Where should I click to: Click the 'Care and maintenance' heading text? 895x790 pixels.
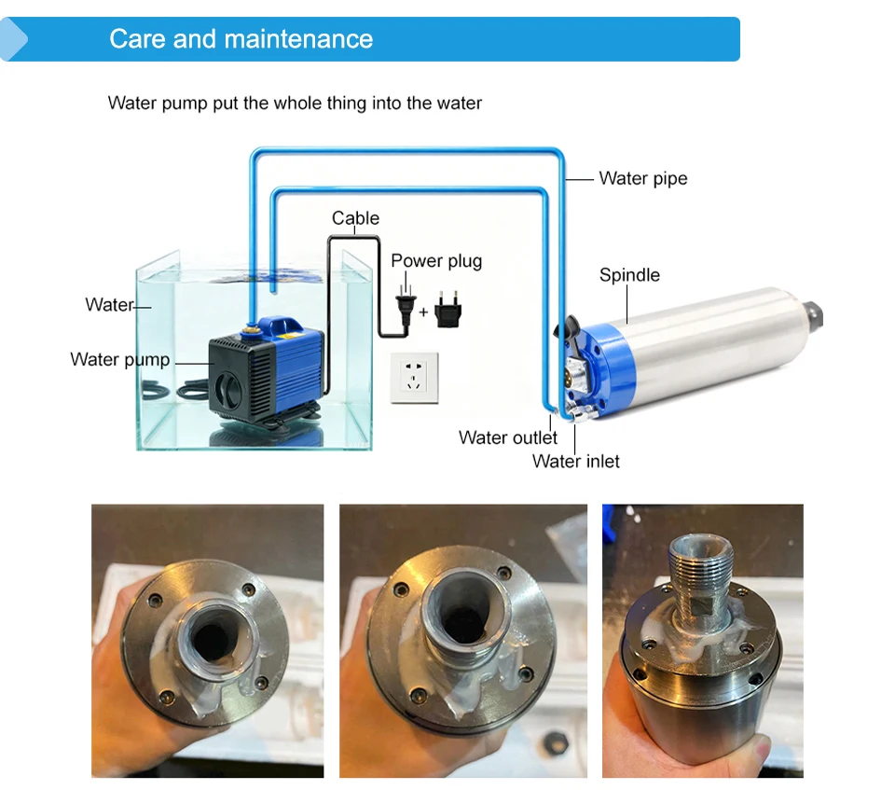pos(241,39)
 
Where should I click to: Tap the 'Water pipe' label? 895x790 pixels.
pos(642,178)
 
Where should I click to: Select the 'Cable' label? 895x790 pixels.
pos(355,217)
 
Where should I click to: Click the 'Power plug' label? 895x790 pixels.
pos(436,261)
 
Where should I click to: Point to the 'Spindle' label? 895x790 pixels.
pos(629,275)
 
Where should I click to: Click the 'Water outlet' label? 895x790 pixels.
pos(507,437)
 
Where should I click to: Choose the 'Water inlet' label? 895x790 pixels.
pos(575,461)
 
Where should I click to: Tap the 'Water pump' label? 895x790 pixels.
pos(120,359)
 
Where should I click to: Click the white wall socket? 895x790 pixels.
pos(414,378)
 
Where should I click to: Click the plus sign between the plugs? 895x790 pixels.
pos(423,312)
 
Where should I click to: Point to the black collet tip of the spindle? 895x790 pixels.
pos(814,315)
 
